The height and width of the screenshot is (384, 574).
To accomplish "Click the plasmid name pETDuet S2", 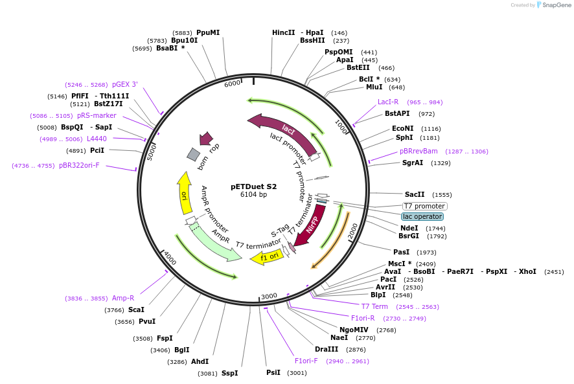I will tap(253, 186).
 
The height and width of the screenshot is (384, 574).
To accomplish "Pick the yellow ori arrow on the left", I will tap(184, 194).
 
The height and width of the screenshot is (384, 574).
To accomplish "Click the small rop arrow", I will tap(207, 138).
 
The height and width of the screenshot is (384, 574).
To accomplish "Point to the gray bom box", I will tap(193, 154).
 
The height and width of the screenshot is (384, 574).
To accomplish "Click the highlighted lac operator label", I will tap(422, 216).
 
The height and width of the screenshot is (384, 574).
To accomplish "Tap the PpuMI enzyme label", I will tap(208, 32).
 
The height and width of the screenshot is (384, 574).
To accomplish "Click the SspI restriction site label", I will tap(229, 373).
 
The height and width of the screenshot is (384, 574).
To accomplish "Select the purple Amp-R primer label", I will tap(123, 298).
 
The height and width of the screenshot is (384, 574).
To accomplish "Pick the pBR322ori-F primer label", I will tap(79, 165).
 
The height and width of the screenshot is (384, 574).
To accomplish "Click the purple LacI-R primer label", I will tap(388, 102).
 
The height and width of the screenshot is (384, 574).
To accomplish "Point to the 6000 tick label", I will tap(232, 84).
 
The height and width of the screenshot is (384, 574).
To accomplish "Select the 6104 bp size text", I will tap(253, 194).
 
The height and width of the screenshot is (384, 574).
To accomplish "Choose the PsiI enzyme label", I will tap(273, 372).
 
